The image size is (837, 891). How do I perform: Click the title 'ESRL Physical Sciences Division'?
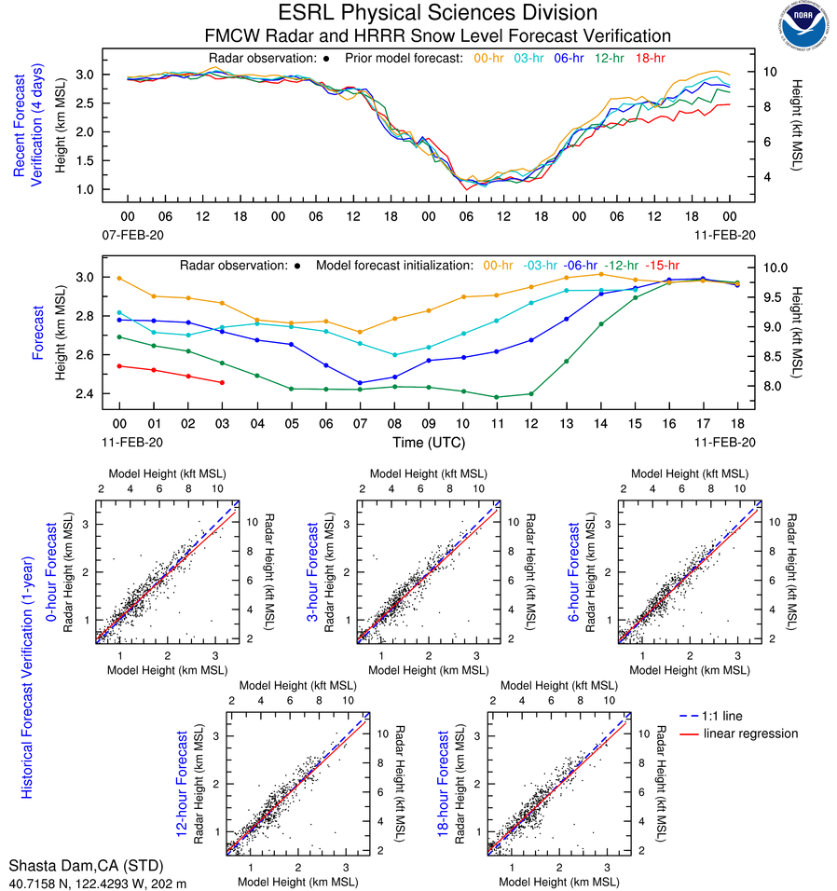437,13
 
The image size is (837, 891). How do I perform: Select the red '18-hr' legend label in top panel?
650,58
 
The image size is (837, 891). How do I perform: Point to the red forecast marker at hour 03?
222,383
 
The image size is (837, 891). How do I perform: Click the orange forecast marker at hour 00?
119,278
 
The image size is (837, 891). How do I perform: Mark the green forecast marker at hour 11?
497,397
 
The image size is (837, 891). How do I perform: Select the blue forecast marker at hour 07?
360,383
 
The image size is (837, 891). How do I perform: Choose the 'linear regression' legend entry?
750,733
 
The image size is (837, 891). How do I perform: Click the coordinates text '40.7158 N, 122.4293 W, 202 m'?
98,882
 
